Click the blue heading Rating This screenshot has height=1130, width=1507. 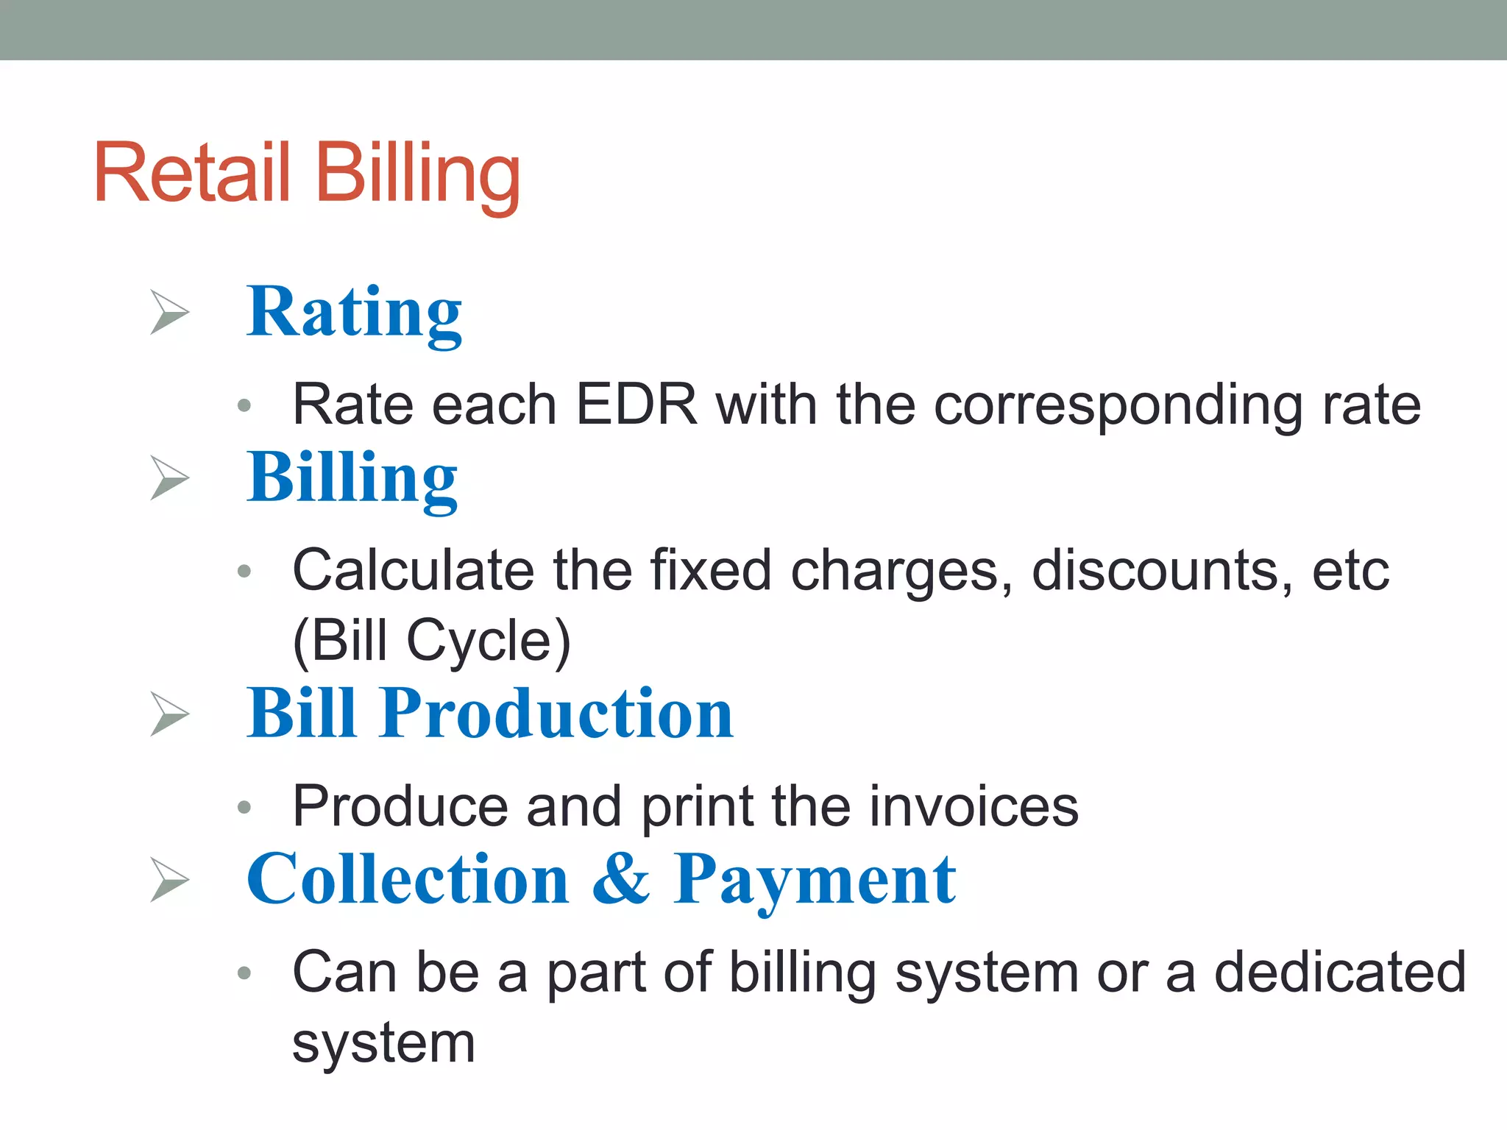click(354, 313)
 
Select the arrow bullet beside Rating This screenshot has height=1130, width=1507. click(169, 312)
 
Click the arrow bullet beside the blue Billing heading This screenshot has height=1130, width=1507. click(169, 477)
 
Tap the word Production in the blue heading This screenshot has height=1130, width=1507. click(557, 713)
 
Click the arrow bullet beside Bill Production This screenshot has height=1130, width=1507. click(169, 714)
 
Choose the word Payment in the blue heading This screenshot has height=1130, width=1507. click(815, 880)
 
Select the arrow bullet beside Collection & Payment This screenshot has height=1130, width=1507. click(169, 879)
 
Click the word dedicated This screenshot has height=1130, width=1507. click(1340, 972)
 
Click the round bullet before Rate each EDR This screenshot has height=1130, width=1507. click(245, 405)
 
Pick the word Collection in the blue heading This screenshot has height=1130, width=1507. click(408, 879)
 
